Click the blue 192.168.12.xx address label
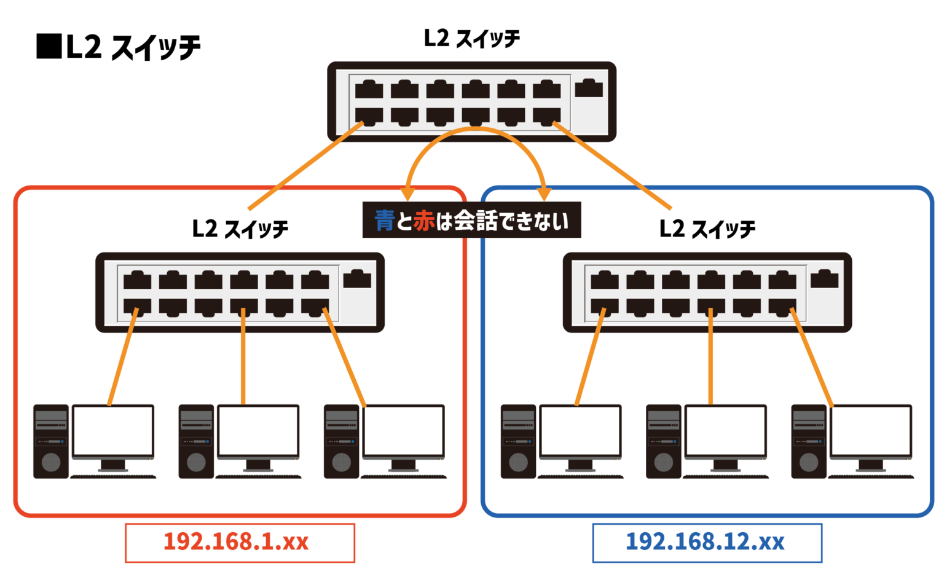pyautogui.click(x=706, y=542)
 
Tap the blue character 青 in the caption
pyautogui.click(x=384, y=221)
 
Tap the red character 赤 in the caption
pyautogui.click(x=424, y=221)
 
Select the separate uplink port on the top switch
pyautogui.click(x=589, y=88)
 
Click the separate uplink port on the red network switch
pyautogui.click(x=357, y=279)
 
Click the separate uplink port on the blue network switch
pyautogui.click(x=824, y=279)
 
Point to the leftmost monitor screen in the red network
pyautogui.click(x=112, y=430)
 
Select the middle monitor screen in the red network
pyautogui.click(x=258, y=430)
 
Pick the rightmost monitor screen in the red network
pyautogui.click(x=403, y=430)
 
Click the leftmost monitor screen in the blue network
pyautogui.click(x=580, y=430)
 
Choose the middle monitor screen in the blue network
pyautogui.click(x=725, y=430)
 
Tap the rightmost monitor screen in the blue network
pyautogui.click(x=870, y=430)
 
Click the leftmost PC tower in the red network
pyautogui.click(x=51, y=441)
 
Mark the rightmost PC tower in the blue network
pyautogui.click(x=808, y=441)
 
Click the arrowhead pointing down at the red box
pyautogui.click(x=406, y=193)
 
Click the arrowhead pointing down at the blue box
pyautogui.click(x=543, y=193)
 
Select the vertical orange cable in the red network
pyautogui.click(x=243, y=356)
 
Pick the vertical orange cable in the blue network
pyautogui.click(x=710, y=356)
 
